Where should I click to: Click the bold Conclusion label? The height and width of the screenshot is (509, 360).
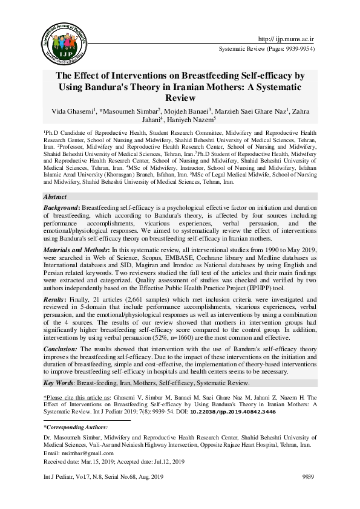pos(62,349)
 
